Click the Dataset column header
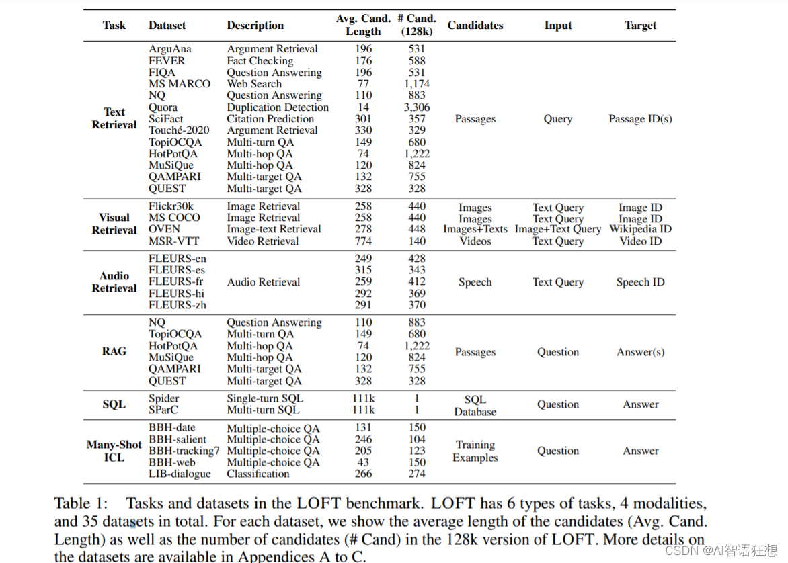click(x=167, y=26)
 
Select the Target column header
click(x=640, y=26)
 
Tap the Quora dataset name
click(x=163, y=107)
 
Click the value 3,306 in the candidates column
click(x=417, y=107)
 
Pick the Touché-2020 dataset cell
click(x=179, y=130)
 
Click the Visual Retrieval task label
click(x=114, y=224)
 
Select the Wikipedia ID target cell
click(x=640, y=229)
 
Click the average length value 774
click(x=363, y=241)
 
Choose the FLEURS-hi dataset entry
click(x=177, y=294)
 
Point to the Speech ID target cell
click(x=640, y=282)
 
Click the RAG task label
click(x=114, y=351)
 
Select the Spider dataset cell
click(x=164, y=398)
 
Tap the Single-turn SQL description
click(x=265, y=398)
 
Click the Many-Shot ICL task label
click(x=114, y=451)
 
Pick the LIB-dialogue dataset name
click(x=180, y=474)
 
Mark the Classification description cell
click(x=258, y=474)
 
